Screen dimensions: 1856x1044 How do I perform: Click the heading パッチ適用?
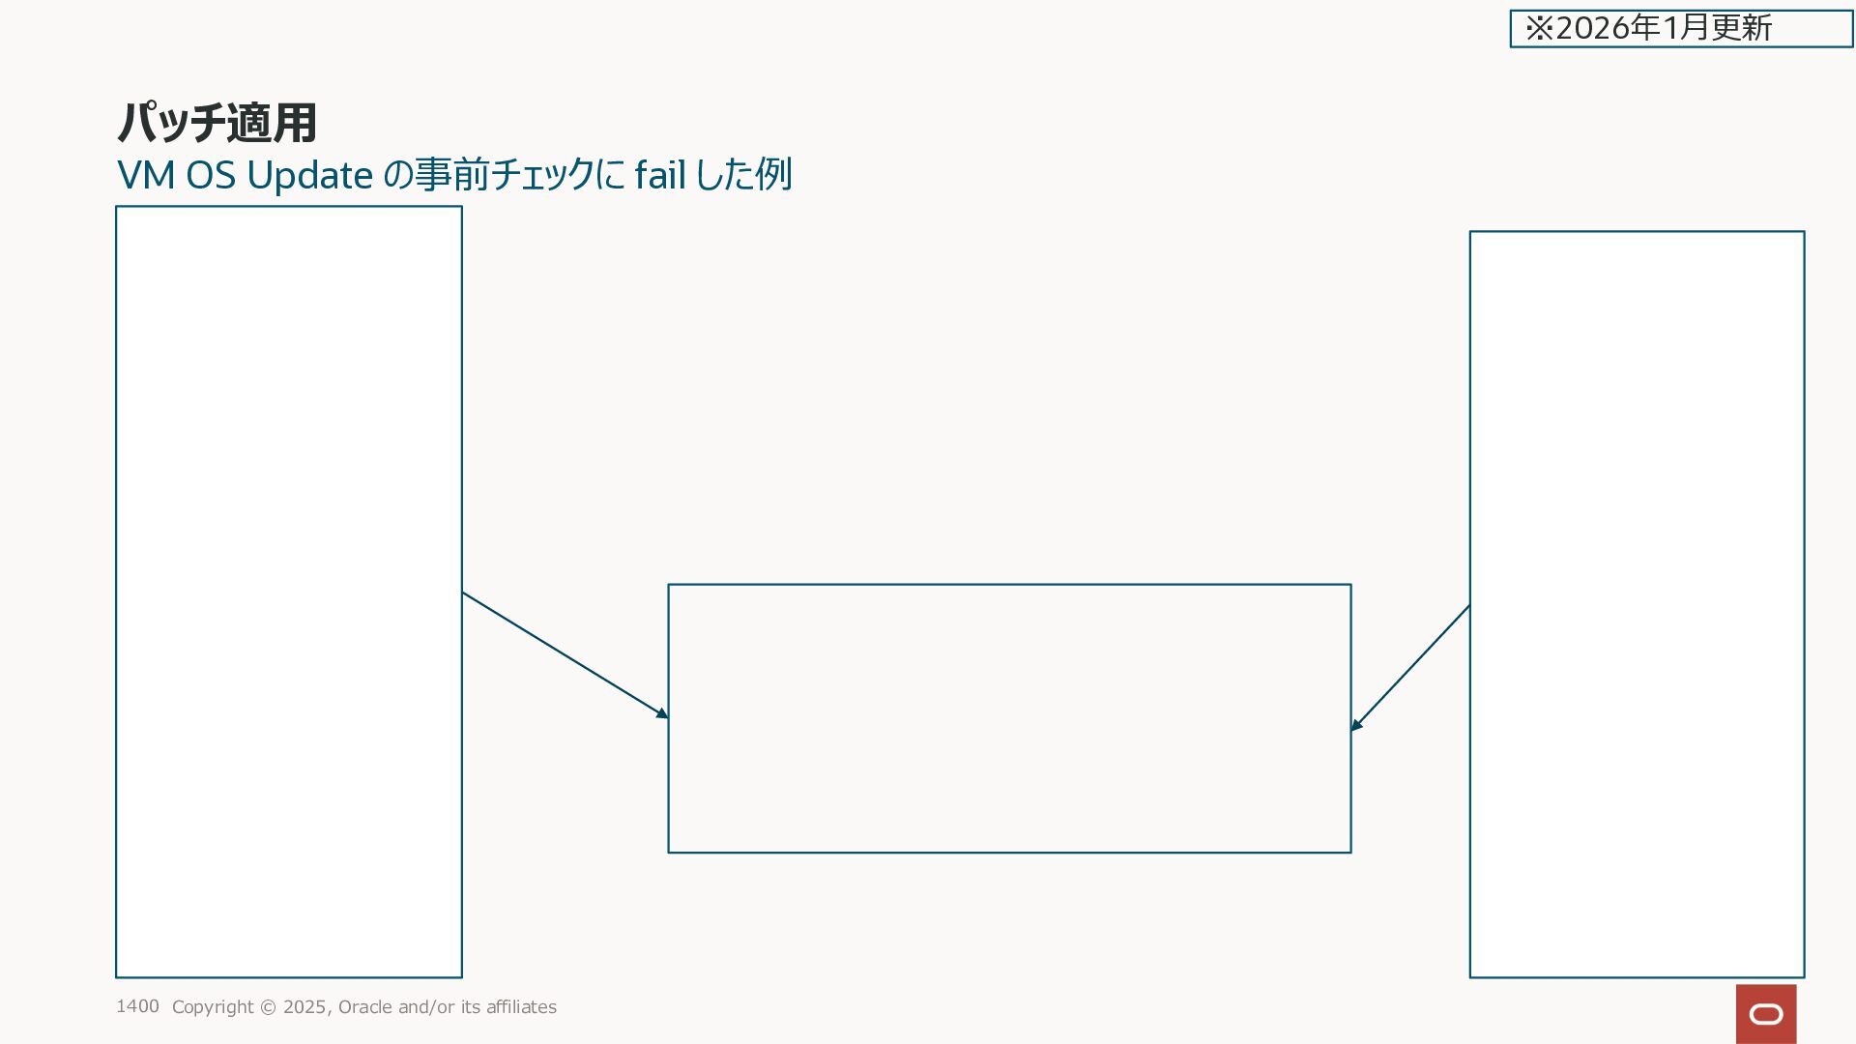(x=217, y=123)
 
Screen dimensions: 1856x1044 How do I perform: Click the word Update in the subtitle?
(x=309, y=176)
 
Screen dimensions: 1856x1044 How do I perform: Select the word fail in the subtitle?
(x=660, y=176)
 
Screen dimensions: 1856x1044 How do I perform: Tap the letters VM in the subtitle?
(x=146, y=176)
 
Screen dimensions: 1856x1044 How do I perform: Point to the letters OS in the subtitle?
(x=211, y=176)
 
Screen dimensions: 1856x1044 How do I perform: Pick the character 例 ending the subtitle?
(x=773, y=175)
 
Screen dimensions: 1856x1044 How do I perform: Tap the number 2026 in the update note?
(x=1594, y=28)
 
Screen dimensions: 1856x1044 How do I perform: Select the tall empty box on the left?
(x=289, y=592)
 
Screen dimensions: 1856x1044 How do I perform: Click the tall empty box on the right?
(x=1637, y=604)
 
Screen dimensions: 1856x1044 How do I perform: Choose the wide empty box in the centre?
(x=1009, y=718)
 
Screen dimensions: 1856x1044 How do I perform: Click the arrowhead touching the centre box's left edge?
(x=662, y=713)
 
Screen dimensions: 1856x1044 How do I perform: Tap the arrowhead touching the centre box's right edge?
(x=1357, y=724)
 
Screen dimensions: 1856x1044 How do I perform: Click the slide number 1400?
(x=137, y=1006)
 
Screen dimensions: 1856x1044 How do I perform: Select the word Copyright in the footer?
(x=213, y=1007)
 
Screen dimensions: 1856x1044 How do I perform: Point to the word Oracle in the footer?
(x=364, y=1007)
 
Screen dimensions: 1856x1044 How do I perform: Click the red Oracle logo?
(x=1766, y=1014)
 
